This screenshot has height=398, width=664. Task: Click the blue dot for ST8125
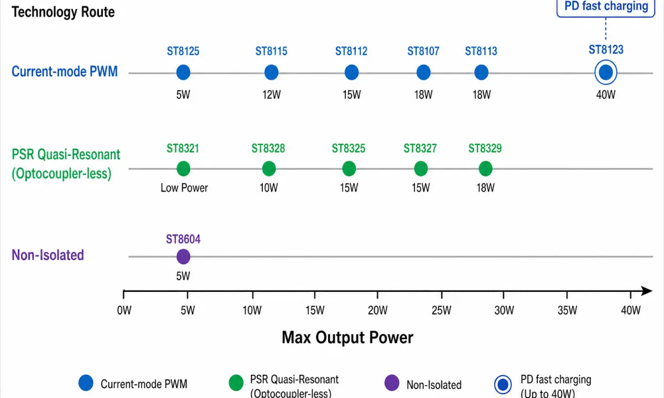(183, 72)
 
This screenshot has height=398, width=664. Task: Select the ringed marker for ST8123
(605, 72)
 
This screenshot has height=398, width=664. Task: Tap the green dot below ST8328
(269, 169)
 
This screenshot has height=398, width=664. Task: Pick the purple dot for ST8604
(183, 256)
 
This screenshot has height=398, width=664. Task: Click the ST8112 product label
(351, 51)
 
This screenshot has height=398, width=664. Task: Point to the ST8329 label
(485, 148)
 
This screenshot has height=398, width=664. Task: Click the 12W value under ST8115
(271, 95)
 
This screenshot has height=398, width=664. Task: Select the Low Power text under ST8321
(184, 188)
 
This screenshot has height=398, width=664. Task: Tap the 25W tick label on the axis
(442, 310)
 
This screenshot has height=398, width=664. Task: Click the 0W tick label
(124, 310)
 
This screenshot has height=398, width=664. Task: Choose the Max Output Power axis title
(347, 338)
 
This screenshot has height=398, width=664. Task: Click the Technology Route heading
(63, 12)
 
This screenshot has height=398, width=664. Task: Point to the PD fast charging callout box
(605, 8)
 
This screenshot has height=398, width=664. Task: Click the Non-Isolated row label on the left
(48, 255)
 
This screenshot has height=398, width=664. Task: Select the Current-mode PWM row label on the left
(65, 72)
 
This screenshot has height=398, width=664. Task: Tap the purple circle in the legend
(392, 383)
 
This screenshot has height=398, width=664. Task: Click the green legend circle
(236, 383)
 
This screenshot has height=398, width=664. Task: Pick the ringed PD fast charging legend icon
(503, 384)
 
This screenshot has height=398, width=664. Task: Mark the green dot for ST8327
(421, 169)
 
